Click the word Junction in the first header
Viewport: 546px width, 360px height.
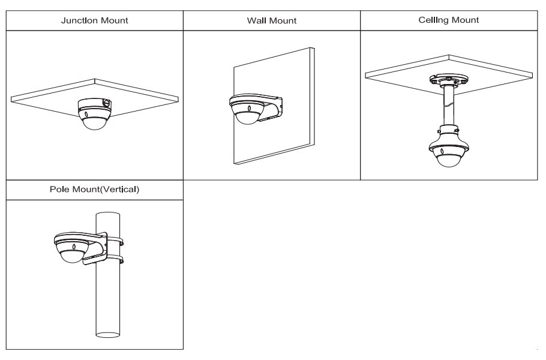[79, 21]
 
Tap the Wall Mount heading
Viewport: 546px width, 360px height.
[272, 21]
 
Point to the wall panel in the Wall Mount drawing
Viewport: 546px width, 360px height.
[294, 138]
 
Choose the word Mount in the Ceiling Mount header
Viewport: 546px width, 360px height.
[467, 20]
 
